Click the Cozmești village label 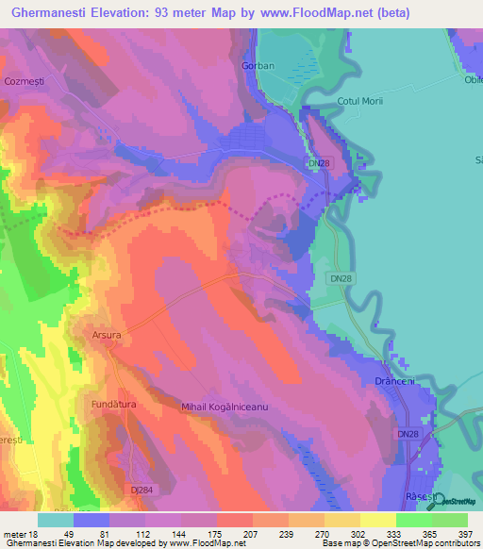[25, 81]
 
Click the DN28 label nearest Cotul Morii [343, 164]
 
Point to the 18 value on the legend [36, 534]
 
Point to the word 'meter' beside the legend [14, 534]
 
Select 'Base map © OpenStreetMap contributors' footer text [399, 543]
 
